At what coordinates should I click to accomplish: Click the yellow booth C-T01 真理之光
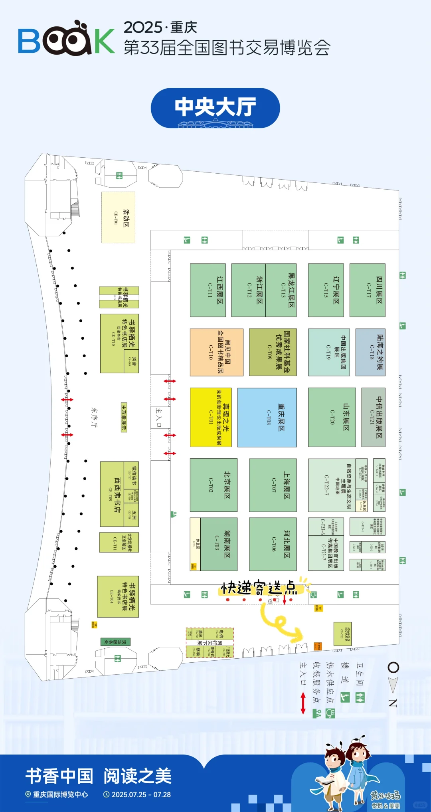[x=211, y=417]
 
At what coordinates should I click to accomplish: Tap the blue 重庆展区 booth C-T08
[x=267, y=417]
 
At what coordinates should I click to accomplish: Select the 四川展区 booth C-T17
[x=367, y=290]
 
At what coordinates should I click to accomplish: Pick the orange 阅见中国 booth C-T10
[x=216, y=352]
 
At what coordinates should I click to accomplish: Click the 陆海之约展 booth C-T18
[x=370, y=352]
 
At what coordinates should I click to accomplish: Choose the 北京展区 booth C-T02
[x=214, y=485]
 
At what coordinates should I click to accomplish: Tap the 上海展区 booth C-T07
[x=273, y=485]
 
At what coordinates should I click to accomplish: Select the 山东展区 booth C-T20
[x=332, y=417]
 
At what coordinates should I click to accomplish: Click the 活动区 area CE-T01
[x=118, y=217]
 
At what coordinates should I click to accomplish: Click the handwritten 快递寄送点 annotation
[x=259, y=588]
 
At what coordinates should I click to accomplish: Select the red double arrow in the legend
[x=303, y=703]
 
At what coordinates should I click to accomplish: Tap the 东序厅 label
[x=94, y=417]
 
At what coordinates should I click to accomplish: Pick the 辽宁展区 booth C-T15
[x=326, y=290]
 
